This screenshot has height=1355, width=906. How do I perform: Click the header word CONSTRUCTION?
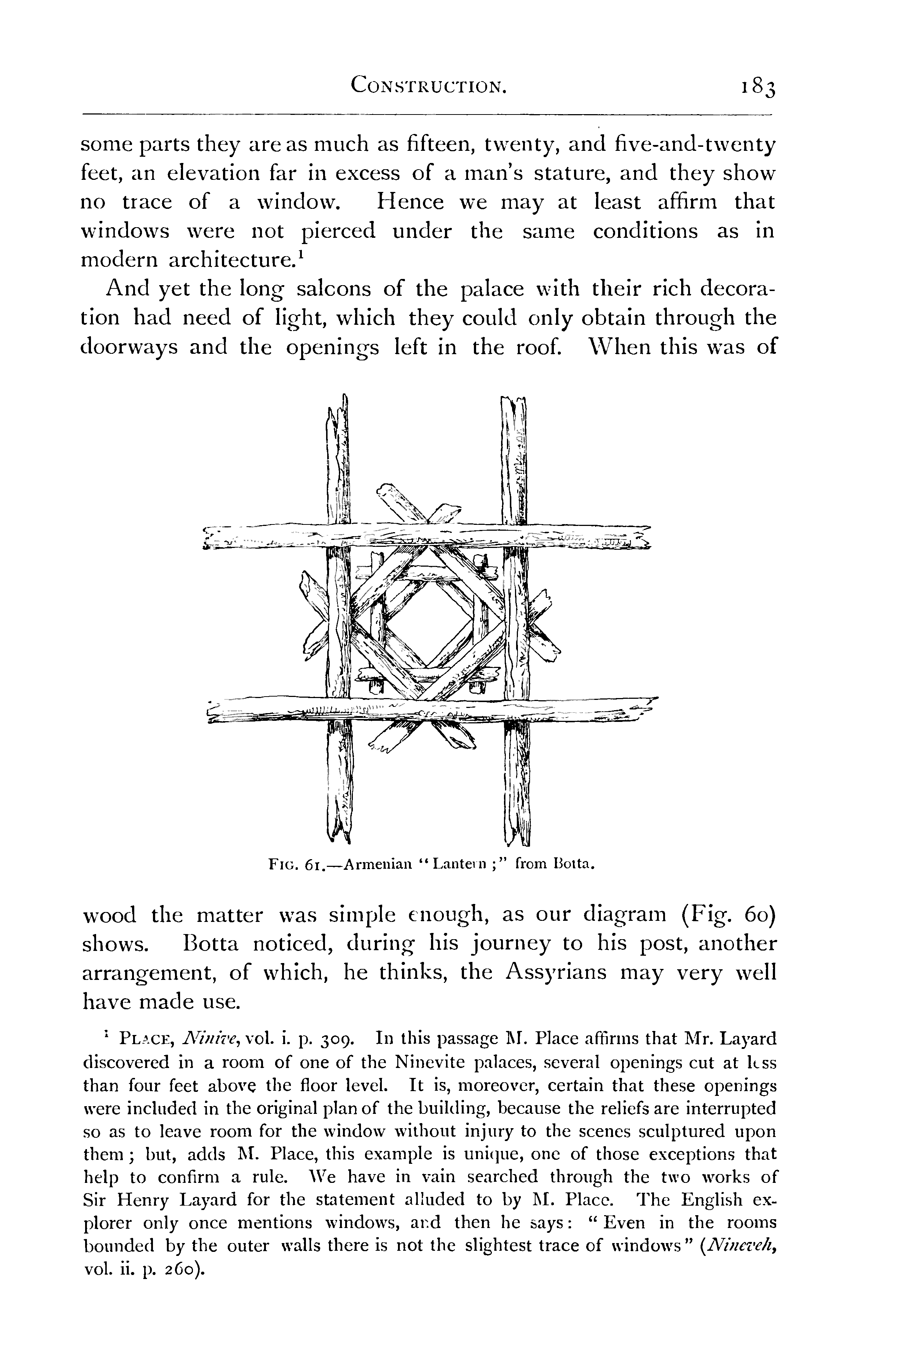(429, 87)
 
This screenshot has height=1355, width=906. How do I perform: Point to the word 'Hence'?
(411, 202)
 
